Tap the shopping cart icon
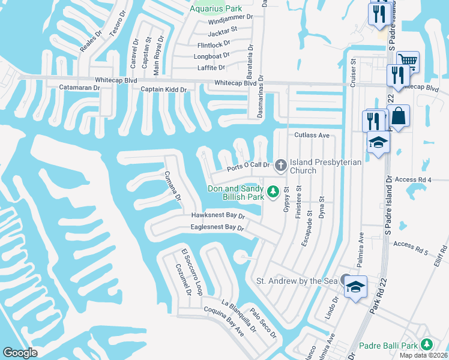pyautogui.click(x=408, y=61)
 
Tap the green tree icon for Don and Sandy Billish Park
pyautogui.click(x=273, y=191)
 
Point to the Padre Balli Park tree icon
pyautogui.click(x=426, y=344)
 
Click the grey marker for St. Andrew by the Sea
pyautogui.click(x=346, y=280)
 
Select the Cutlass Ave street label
pyautogui.click(x=312, y=136)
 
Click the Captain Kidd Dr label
pyautogui.click(x=164, y=90)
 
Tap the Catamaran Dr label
pyautogui.click(x=79, y=88)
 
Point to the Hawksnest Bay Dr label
pyautogui.click(x=218, y=215)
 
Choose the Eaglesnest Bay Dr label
pyautogui.click(x=217, y=228)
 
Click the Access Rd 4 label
pyautogui.click(x=414, y=179)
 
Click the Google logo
pyautogui.click(x=20, y=352)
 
